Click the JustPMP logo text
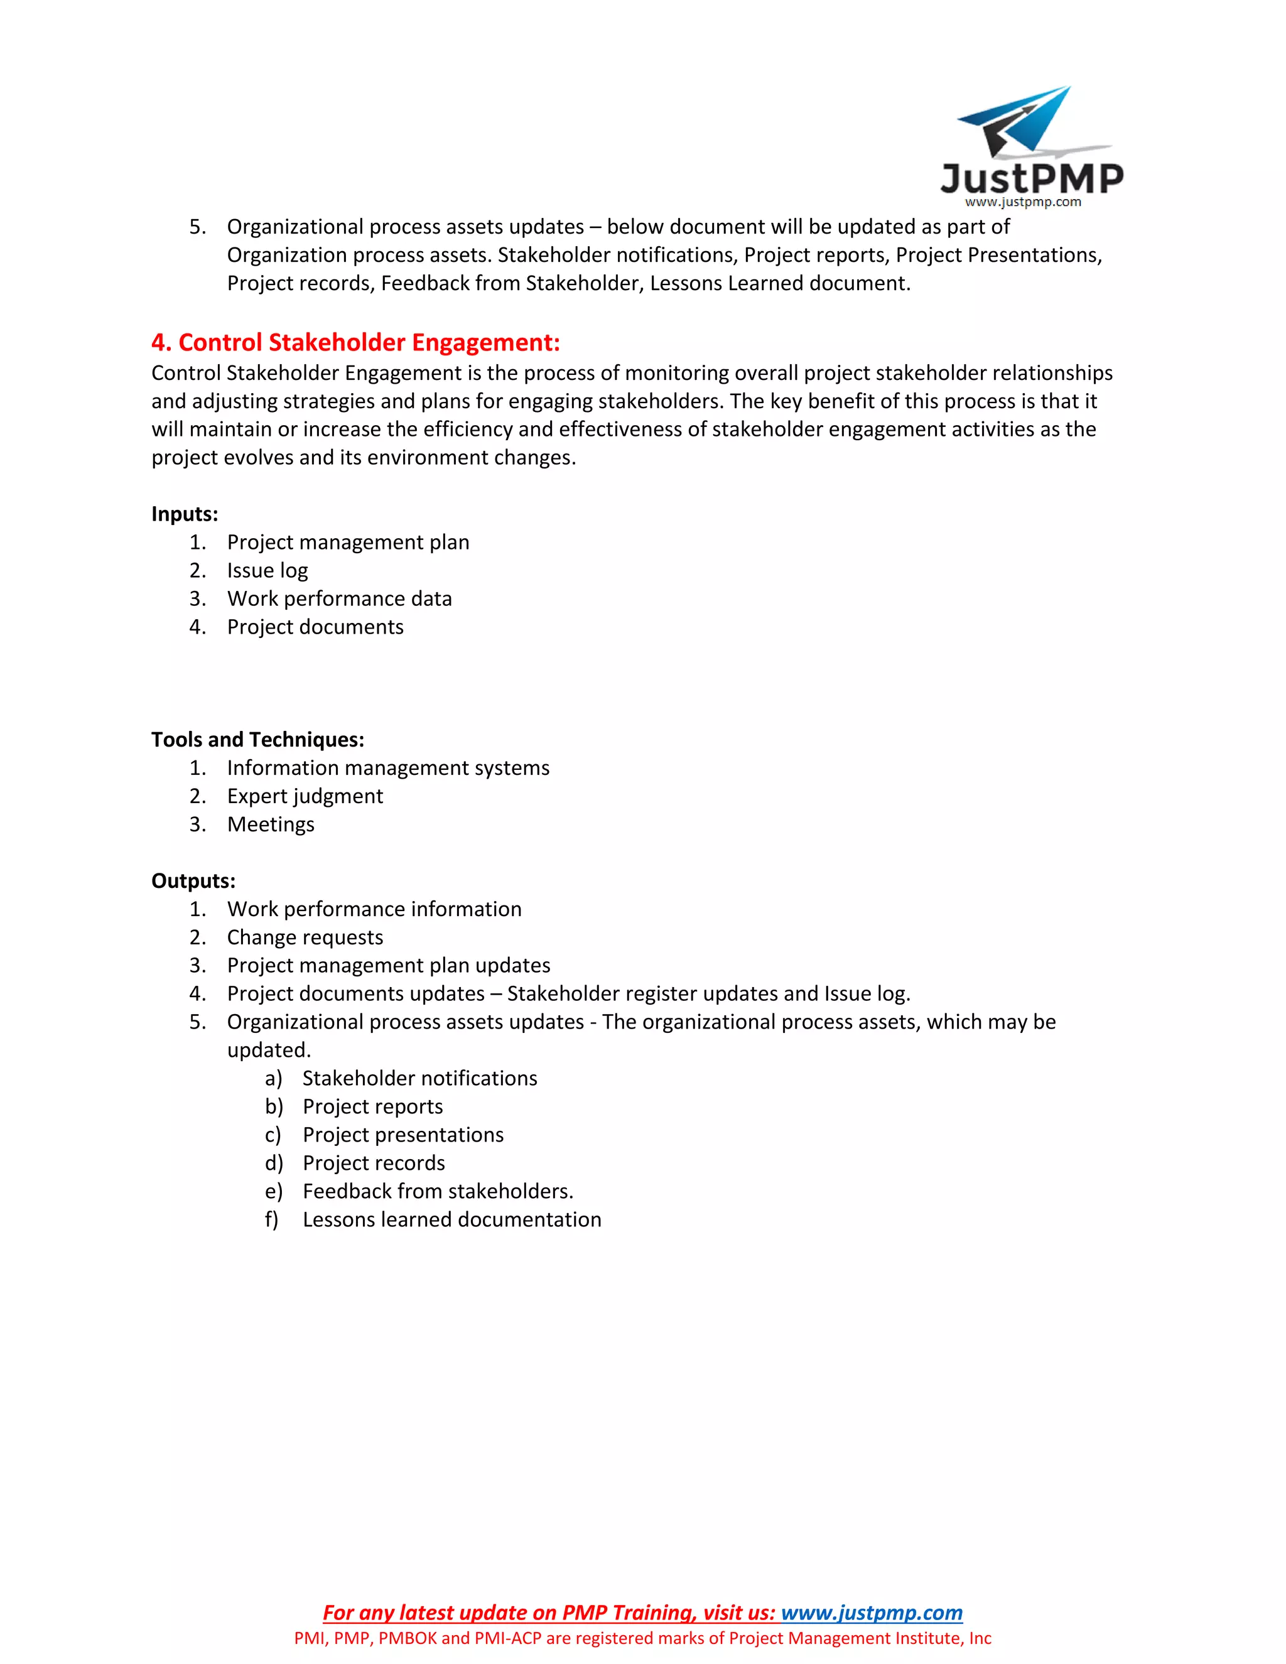coord(1032,178)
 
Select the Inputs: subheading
coord(185,514)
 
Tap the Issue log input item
coord(267,570)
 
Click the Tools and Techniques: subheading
coord(257,739)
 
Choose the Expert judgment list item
coord(305,796)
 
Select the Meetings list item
coord(271,824)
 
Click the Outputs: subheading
coord(193,881)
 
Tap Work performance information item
coord(374,909)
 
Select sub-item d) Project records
coord(374,1163)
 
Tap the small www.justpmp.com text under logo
coord(1022,202)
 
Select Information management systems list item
coord(388,767)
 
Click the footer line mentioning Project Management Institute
coord(642,1638)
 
